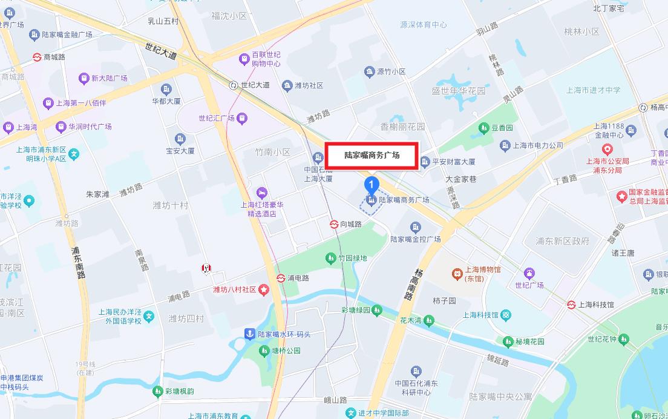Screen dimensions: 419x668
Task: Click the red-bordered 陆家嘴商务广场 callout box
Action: tap(372, 156)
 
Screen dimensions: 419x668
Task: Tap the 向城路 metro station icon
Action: tap(333, 224)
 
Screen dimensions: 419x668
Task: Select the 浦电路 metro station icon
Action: tap(281, 278)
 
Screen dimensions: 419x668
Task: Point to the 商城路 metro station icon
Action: tap(38, 57)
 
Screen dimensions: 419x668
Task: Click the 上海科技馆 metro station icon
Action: tap(571, 305)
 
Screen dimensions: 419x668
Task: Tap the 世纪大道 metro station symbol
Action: tap(234, 85)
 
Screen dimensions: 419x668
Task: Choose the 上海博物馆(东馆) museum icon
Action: tap(457, 274)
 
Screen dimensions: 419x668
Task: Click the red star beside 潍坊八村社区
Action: tap(264, 290)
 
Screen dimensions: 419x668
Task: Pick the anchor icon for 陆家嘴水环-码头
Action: tap(249, 334)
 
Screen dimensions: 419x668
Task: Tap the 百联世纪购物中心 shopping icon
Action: tap(244, 59)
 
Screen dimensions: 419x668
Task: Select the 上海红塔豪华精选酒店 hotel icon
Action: tap(261, 192)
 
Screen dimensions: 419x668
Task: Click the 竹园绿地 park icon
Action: tap(330, 259)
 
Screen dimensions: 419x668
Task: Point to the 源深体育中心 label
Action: tap(424, 25)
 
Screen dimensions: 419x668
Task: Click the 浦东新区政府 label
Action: tap(562, 241)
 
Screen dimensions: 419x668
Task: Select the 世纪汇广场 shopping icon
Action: tap(242, 118)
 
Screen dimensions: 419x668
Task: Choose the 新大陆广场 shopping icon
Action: tap(83, 78)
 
